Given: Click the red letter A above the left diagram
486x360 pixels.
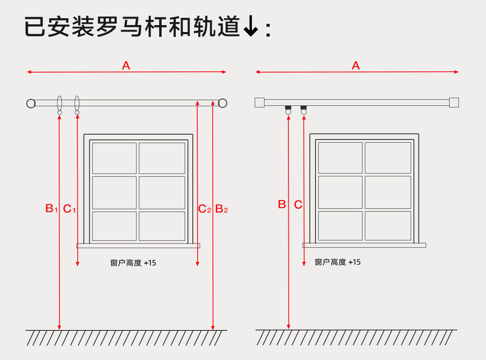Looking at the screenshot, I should (126, 65).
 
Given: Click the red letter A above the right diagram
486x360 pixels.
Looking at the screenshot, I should (356, 65).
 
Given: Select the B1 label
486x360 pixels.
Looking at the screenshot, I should (51, 209).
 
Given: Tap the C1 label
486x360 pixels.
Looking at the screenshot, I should (69, 209).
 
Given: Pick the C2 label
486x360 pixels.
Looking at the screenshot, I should (205, 209).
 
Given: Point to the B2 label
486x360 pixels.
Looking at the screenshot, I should (221, 209).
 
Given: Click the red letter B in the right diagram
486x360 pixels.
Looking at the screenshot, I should (282, 204).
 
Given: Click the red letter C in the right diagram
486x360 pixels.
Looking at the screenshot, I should (298, 205).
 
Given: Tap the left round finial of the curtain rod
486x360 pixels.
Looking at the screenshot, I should (31, 103).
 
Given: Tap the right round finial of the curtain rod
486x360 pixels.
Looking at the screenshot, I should (222, 103).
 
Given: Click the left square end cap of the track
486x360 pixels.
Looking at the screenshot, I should (259, 103).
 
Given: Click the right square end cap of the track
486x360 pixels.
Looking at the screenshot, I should (454, 103).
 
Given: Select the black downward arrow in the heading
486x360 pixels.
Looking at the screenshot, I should (251, 28).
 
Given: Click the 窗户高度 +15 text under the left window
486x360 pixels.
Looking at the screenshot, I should (133, 263).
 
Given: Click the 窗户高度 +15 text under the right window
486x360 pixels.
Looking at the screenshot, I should (338, 262).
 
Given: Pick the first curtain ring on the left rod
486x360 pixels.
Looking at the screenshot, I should (60, 105).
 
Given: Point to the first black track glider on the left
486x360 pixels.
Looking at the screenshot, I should (288, 107).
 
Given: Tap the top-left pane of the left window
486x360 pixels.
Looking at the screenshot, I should (114, 158).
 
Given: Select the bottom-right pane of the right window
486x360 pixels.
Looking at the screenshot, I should (388, 225).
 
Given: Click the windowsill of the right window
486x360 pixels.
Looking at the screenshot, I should (364, 245).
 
